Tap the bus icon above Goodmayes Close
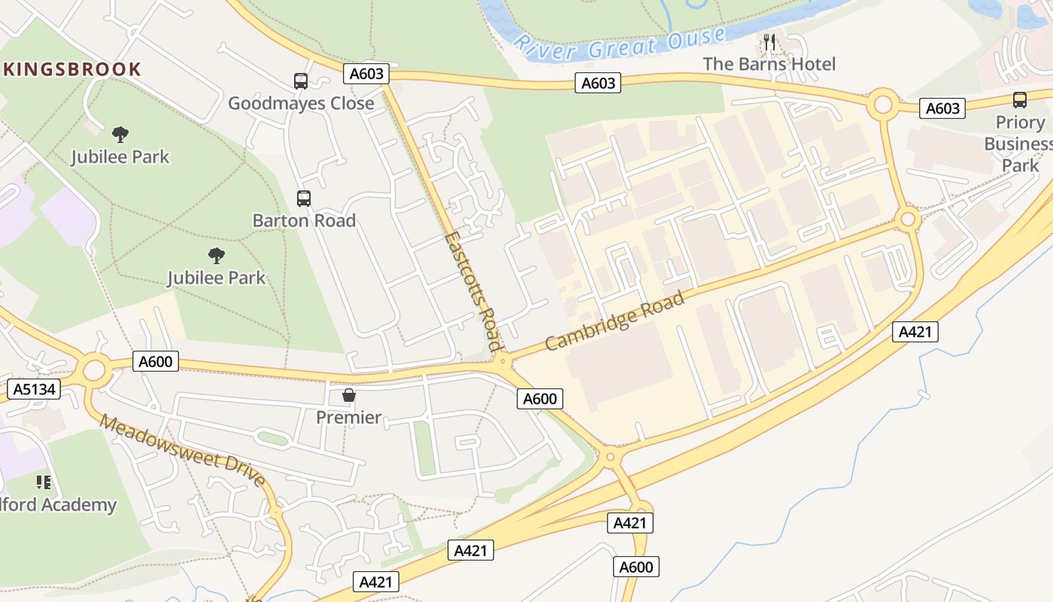pyautogui.click(x=300, y=81)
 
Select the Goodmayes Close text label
pyautogui.click(x=301, y=103)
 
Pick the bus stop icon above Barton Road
pyautogui.click(x=303, y=199)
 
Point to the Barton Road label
pyautogui.click(x=304, y=220)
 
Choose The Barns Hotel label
pyautogui.click(x=769, y=64)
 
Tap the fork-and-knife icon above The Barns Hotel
pyautogui.click(x=769, y=41)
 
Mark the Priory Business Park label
pyautogui.click(x=1020, y=144)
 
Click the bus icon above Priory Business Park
pyautogui.click(x=1020, y=100)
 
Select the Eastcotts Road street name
pyautogui.click(x=472, y=291)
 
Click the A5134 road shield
pyautogui.click(x=33, y=389)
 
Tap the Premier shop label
pyautogui.click(x=348, y=417)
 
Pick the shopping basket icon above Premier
pyautogui.click(x=349, y=395)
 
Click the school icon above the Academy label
pyautogui.click(x=44, y=482)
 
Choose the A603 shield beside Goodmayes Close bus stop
pyautogui.click(x=366, y=74)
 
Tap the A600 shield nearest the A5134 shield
pyautogui.click(x=156, y=361)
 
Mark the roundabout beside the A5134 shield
pyautogui.click(x=94, y=370)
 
